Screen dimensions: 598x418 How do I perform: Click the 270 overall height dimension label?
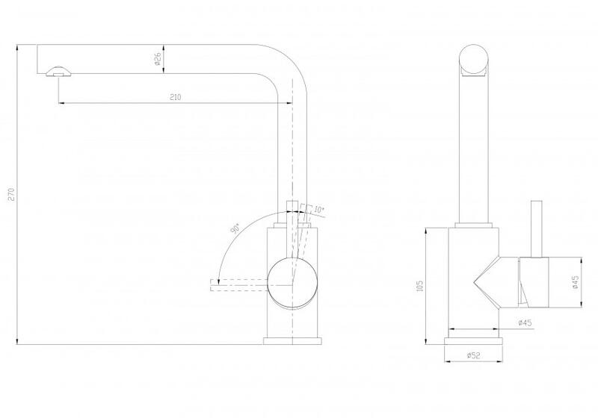click(11, 194)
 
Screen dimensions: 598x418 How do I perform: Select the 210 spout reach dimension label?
click(175, 97)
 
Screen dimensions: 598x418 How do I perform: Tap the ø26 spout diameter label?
click(158, 59)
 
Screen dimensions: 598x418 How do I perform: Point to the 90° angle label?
click(235, 228)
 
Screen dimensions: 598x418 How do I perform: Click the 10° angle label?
click(319, 210)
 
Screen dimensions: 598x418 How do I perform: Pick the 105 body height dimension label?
click(420, 286)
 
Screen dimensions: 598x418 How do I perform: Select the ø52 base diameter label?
click(473, 355)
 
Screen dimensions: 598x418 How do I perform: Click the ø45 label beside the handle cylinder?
click(576, 282)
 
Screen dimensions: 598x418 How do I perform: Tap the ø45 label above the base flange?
click(525, 322)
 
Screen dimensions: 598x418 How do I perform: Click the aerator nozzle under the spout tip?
click(58, 72)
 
